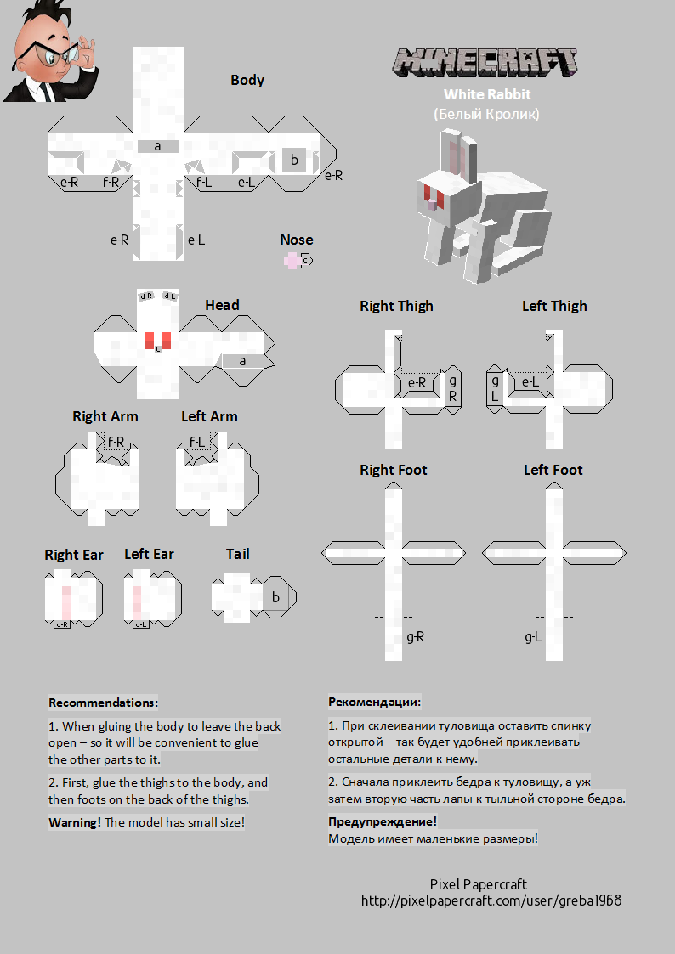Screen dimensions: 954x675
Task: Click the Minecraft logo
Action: click(485, 61)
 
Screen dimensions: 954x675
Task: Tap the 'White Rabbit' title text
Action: click(486, 95)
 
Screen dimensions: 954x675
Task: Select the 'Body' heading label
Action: click(247, 81)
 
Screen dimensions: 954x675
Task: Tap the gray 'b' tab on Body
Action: click(294, 159)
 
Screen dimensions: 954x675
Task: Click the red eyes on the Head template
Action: click(157, 340)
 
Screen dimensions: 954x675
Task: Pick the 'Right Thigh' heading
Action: click(396, 306)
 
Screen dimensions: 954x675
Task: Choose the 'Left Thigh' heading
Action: click(554, 306)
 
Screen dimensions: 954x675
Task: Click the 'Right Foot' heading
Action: click(393, 470)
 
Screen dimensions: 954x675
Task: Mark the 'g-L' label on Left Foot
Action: click(533, 636)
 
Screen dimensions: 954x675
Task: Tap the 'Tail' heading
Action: click(237, 554)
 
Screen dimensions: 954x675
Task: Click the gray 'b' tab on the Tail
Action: click(275, 597)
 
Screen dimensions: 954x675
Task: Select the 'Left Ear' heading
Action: click(149, 554)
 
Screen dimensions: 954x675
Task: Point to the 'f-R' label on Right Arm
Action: click(116, 442)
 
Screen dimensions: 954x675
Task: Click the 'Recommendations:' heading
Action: click(103, 703)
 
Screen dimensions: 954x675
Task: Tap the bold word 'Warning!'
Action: click(75, 822)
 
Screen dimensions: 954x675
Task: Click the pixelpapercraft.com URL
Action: click(491, 900)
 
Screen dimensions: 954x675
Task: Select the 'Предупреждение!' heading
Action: click(383, 821)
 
